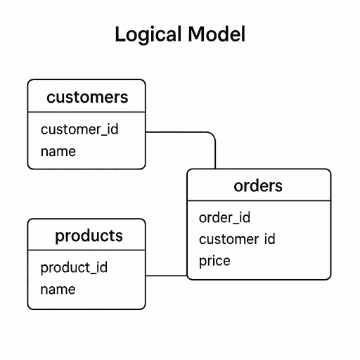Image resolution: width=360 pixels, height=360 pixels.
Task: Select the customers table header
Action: coord(86,97)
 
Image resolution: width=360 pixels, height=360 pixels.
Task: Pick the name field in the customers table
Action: coord(58,151)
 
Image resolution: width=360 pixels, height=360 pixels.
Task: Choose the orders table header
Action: coord(258,186)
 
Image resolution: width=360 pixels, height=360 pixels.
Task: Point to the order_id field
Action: coord(224,218)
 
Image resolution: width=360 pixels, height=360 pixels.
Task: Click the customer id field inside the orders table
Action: coord(236,239)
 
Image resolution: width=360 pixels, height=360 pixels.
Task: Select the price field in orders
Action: coord(214,261)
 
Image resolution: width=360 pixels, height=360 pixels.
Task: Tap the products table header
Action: coord(89,236)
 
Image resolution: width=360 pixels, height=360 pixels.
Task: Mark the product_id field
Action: coord(74,268)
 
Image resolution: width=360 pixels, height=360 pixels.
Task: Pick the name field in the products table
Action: coord(58,289)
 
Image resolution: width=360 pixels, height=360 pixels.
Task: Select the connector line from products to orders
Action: coord(166,276)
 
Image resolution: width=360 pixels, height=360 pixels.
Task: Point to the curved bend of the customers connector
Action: coord(212,136)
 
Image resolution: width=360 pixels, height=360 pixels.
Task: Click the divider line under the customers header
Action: coord(86,112)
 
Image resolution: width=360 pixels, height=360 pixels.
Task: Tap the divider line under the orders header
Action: coord(258,201)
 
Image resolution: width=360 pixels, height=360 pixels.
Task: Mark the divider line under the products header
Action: coord(86,250)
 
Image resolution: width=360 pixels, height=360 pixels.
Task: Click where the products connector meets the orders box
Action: coord(187,276)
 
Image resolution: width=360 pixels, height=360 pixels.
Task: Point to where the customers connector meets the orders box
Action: coord(215,169)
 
